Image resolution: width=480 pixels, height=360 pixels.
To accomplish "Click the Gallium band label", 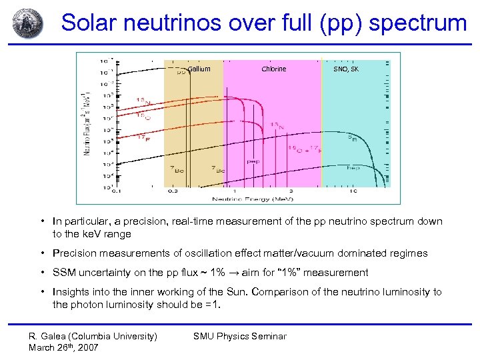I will pos(199,69).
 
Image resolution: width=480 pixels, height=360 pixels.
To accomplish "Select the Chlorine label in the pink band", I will pos(273,69).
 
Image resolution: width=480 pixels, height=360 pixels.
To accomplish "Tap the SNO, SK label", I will pos(345,69).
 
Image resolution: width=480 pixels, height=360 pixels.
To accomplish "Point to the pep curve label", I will pos(254,161).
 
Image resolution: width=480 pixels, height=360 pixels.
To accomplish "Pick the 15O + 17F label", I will pos(304,149).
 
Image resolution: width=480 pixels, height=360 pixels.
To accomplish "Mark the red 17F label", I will pos(142,137).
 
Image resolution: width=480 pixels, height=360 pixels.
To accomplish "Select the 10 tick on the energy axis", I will pos(353,191).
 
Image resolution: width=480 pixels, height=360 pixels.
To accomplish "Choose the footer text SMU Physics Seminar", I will pos(239,336).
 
